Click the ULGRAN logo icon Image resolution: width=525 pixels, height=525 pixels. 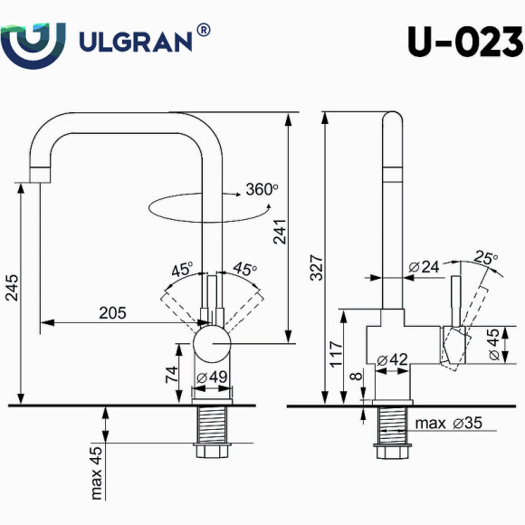(33, 42)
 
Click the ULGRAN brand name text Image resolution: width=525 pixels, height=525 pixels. (136, 42)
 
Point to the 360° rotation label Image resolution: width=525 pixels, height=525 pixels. (262, 190)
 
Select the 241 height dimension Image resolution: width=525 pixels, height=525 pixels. (282, 233)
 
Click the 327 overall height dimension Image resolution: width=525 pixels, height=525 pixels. (316, 264)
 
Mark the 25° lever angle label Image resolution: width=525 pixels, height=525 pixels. (487, 258)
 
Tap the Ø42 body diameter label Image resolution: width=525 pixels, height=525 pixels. (395, 359)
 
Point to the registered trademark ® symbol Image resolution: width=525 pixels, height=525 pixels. (204, 29)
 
